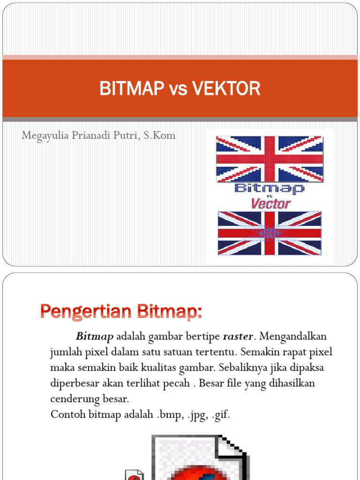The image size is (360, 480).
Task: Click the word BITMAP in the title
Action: click(x=127, y=88)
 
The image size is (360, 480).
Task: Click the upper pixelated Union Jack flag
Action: click(x=269, y=158)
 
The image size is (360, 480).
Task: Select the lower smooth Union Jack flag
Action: click(x=269, y=233)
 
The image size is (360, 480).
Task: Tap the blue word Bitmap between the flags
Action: click(x=269, y=189)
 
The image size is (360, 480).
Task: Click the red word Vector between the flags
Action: click(x=270, y=204)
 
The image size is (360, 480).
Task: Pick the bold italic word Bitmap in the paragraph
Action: click(x=95, y=337)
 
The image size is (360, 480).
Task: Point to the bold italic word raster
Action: click(x=238, y=337)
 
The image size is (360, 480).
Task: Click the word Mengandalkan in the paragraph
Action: click(x=293, y=337)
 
